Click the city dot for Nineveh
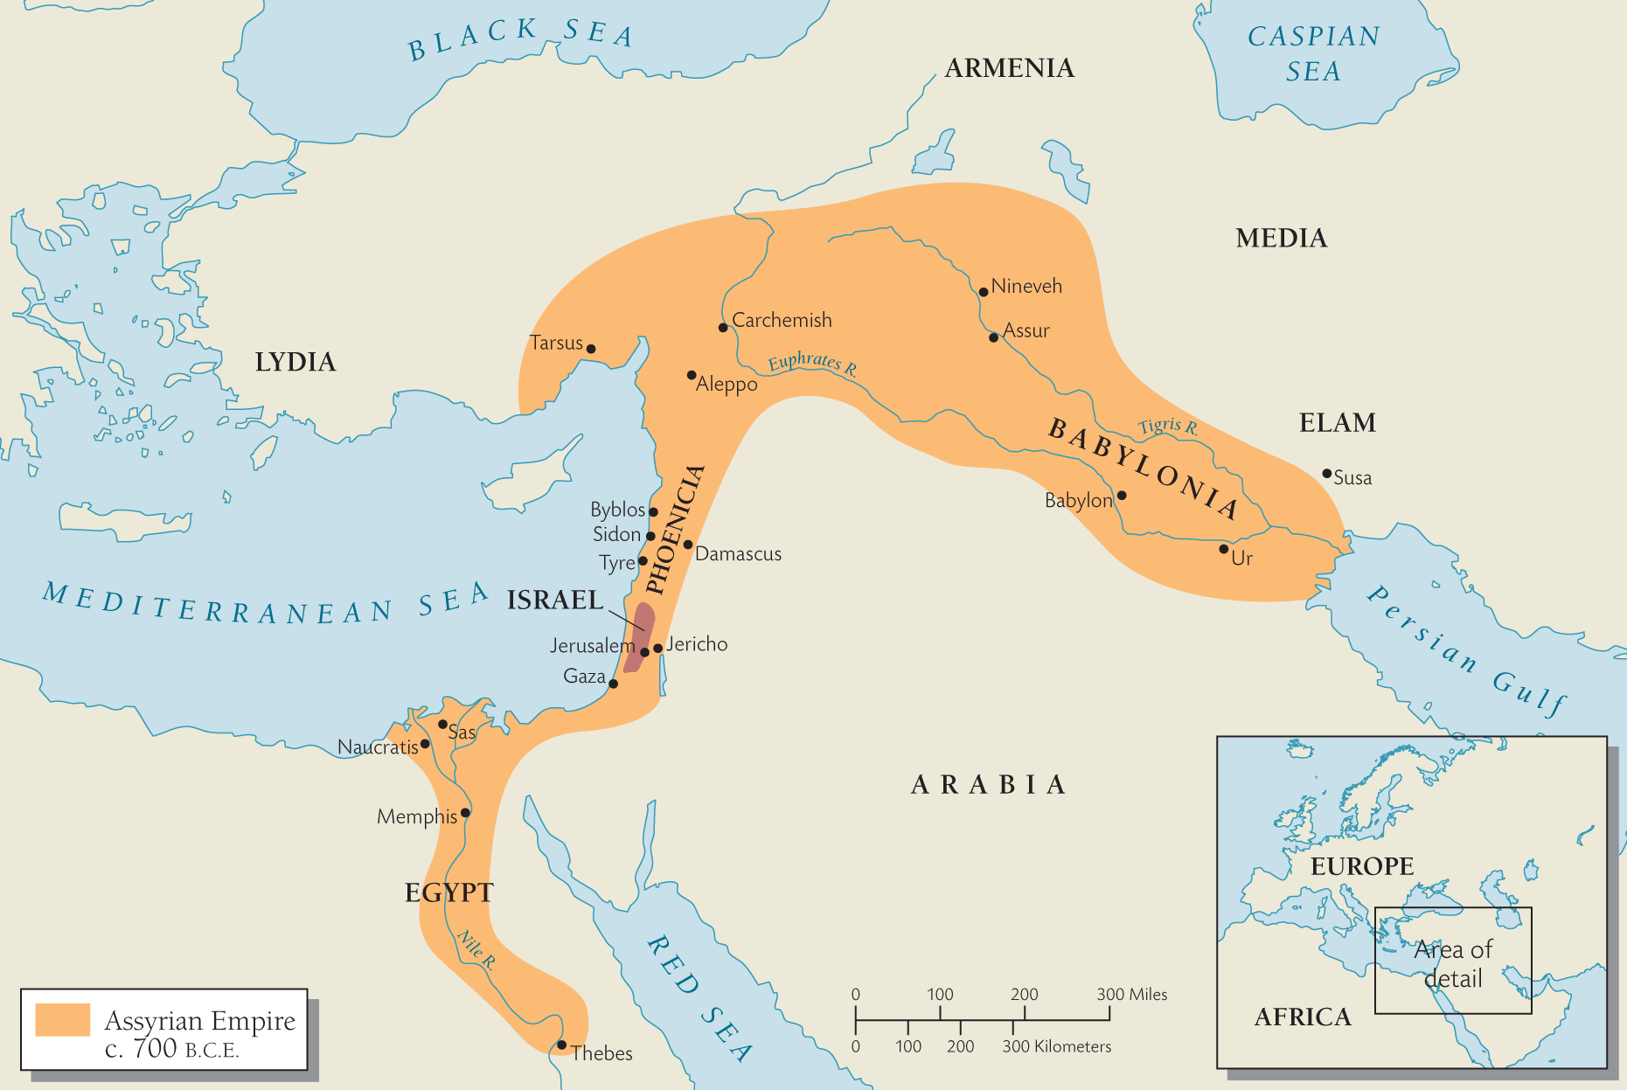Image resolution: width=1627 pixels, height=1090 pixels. pos(984,292)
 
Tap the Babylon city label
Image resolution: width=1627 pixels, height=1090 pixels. pos(1078,501)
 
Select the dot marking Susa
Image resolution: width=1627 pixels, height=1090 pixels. pos(1326,474)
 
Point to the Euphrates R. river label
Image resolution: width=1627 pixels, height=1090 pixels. pos(812,363)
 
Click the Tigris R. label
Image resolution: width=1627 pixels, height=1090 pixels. pos(1168,427)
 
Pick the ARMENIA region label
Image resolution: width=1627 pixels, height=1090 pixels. pos(1009,68)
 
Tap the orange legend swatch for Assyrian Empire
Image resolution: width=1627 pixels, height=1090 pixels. pos(62,1020)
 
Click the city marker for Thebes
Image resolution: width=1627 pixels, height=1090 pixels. pos(561,1045)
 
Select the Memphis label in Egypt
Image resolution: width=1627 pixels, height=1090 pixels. pos(416,816)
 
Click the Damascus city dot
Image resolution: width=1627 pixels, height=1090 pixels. pos(688,545)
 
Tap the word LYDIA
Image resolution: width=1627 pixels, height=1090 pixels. pos(295,362)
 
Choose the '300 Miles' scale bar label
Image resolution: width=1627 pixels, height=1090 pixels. pos(1131,994)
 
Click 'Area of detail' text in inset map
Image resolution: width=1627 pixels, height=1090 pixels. pos(1453,963)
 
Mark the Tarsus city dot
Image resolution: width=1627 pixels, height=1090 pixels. pos(591,349)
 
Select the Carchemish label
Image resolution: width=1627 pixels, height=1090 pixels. pos(782,320)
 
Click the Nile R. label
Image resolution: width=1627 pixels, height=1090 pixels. pos(476,950)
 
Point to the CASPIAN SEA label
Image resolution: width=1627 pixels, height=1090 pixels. pos(1313,53)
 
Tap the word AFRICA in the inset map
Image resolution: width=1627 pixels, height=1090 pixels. pos(1303,1017)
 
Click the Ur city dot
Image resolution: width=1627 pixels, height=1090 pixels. pos(1223,549)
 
